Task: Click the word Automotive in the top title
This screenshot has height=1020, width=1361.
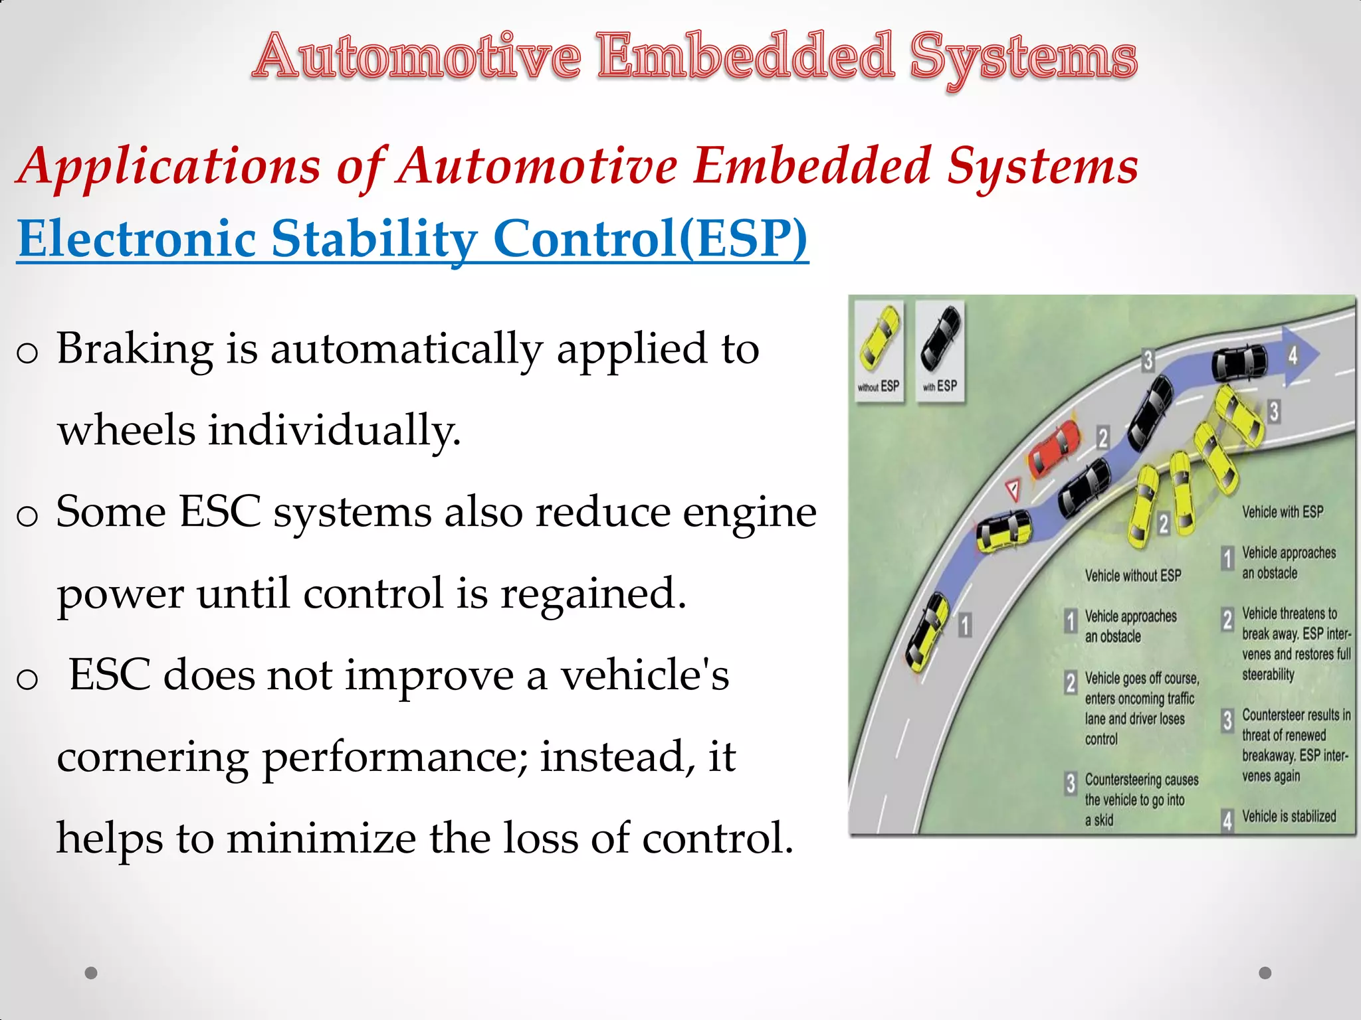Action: (x=417, y=57)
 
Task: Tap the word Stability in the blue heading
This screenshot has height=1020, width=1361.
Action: (x=374, y=239)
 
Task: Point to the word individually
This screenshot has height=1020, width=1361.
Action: (x=334, y=430)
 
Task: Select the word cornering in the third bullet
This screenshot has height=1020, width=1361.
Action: (x=152, y=758)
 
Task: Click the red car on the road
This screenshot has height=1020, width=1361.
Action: (x=1055, y=450)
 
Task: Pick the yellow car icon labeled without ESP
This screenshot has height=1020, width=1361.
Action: (x=879, y=339)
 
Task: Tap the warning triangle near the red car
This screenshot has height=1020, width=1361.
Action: (x=1013, y=489)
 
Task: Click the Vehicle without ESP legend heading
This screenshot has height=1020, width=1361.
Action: (x=1133, y=576)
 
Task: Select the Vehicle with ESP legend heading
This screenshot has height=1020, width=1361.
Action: (x=1283, y=512)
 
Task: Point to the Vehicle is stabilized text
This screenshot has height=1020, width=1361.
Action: (x=1289, y=817)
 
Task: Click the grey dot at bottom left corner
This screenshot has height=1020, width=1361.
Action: (x=92, y=973)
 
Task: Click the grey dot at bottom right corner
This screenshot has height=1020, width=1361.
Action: (x=1265, y=973)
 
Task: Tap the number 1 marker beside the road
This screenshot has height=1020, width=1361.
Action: (x=965, y=625)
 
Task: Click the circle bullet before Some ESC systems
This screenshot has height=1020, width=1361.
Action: (x=27, y=516)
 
